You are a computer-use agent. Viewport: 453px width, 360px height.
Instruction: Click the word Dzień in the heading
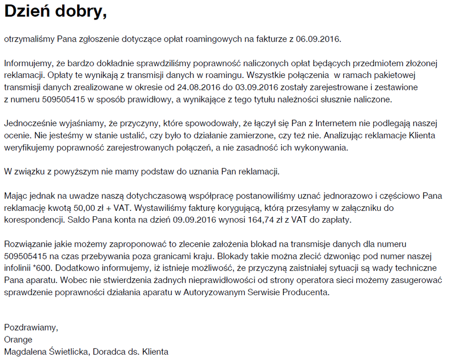[x=28, y=12]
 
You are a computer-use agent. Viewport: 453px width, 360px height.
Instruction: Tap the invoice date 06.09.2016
[x=318, y=39]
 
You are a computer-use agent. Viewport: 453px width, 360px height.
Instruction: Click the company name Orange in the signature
[x=18, y=339]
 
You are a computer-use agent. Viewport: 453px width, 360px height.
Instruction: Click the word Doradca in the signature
[x=108, y=351]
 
